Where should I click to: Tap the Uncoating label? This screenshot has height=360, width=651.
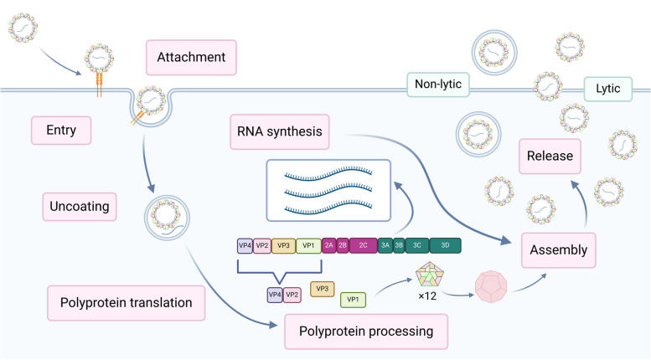pyautogui.click(x=67, y=203)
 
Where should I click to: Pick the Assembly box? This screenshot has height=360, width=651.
pyautogui.click(x=559, y=249)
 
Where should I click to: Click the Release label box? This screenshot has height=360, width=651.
pyautogui.click(x=550, y=156)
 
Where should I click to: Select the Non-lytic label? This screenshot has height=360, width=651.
pyautogui.click(x=438, y=85)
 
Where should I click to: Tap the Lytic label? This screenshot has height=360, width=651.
pyautogui.click(x=607, y=85)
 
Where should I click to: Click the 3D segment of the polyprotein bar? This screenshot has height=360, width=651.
pyautogui.click(x=444, y=246)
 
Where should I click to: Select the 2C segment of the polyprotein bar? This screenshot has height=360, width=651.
pyautogui.click(x=363, y=246)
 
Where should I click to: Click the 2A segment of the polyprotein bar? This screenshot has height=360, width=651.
pyautogui.click(x=328, y=246)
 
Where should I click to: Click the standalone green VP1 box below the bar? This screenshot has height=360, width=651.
pyautogui.click(x=353, y=299)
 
